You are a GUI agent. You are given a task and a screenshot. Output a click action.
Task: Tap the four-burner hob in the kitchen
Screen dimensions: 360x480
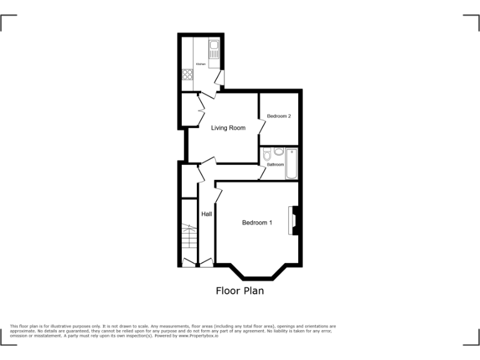[x=187, y=74]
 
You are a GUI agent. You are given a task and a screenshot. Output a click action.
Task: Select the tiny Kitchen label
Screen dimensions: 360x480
[x=201, y=64]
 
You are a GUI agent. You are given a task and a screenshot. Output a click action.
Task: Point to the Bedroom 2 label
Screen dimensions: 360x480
[x=279, y=116]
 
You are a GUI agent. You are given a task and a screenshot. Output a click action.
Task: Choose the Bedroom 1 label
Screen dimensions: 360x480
[x=257, y=222]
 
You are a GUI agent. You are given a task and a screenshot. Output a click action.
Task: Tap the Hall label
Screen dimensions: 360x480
[x=206, y=214]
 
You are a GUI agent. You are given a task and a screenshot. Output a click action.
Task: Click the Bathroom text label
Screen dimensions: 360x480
[x=275, y=164]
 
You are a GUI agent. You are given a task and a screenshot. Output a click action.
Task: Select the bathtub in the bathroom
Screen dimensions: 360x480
[x=291, y=164]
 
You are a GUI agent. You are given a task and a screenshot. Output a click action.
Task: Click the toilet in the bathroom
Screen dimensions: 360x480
[x=267, y=154]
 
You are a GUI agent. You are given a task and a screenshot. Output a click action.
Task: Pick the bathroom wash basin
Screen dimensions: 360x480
[x=278, y=151]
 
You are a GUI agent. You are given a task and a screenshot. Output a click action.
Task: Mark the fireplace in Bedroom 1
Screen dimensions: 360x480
[x=292, y=221]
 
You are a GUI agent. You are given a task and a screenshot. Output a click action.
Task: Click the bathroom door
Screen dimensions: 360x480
[x=262, y=173]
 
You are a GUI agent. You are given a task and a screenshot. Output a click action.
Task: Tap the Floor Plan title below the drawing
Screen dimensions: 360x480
[x=239, y=291]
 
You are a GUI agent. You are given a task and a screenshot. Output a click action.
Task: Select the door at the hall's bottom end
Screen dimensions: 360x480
[x=206, y=262]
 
